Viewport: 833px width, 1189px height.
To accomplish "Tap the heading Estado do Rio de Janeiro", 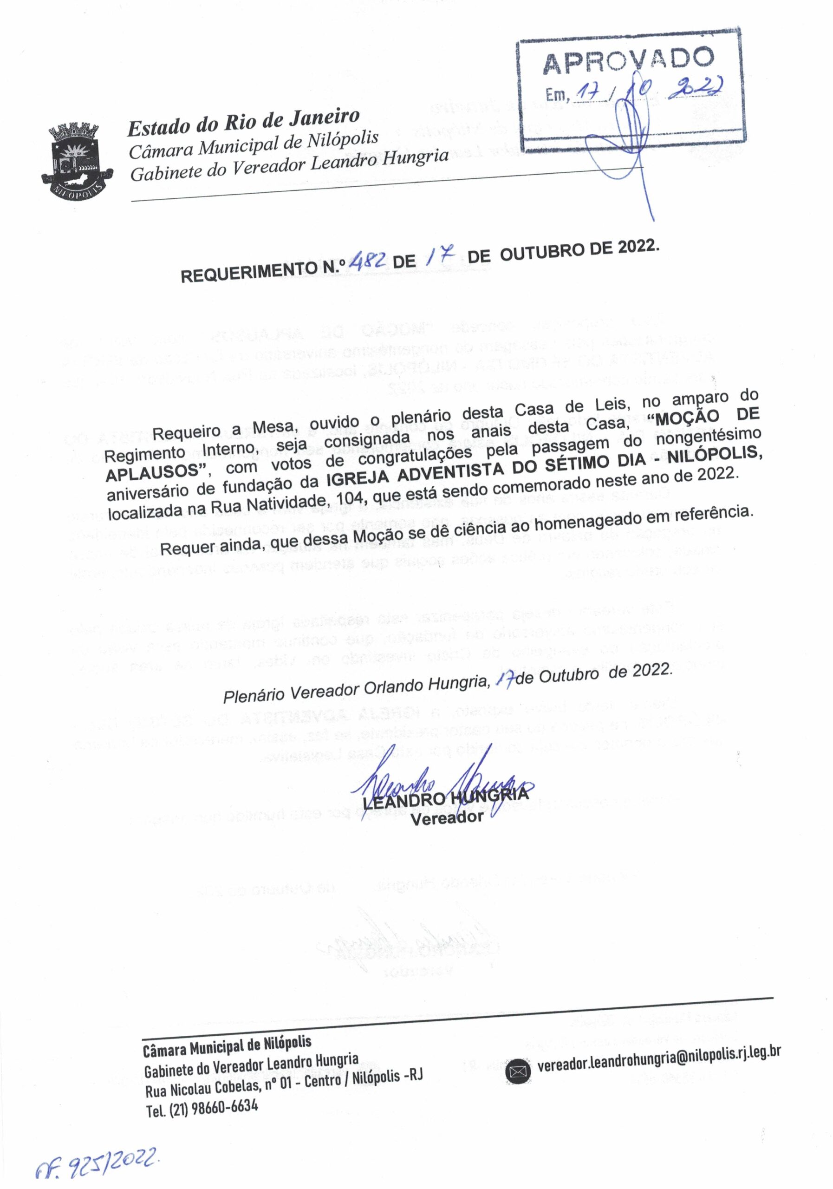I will coord(243,122).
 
